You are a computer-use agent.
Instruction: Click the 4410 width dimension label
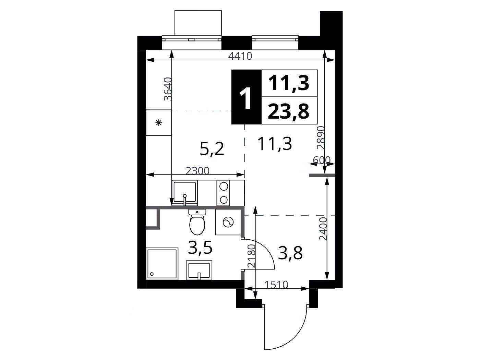pyautogui.click(x=240, y=56)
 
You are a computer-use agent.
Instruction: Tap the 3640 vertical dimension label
pyautogui.click(x=168, y=89)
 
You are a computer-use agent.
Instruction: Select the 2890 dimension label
pyautogui.click(x=321, y=138)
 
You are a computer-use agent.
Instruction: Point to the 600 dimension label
pyautogui.click(x=322, y=160)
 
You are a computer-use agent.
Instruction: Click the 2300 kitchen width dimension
pyautogui.click(x=197, y=171)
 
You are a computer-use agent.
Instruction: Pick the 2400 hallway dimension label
pyautogui.click(x=323, y=229)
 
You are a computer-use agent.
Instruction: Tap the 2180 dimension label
pyautogui.click(x=251, y=256)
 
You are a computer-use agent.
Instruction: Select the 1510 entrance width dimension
pyautogui.click(x=276, y=285)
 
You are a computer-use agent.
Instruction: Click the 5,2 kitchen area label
pyautogui.click(x=212, y=149)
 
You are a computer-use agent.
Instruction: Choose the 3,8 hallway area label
pyautogui.click(x=290, y=253)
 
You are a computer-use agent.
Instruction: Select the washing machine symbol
pyautogui.click(x=228, y=222)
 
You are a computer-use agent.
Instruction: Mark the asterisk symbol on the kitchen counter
pyautogui.click(x=158, y=123)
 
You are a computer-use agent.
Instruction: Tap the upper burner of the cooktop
pyautogui.click(x=224, y=187)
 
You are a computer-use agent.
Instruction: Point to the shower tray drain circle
pyautogui.click(x=152, y=274)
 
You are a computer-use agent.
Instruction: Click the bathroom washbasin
pyautogui.click(x=199, y=270)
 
